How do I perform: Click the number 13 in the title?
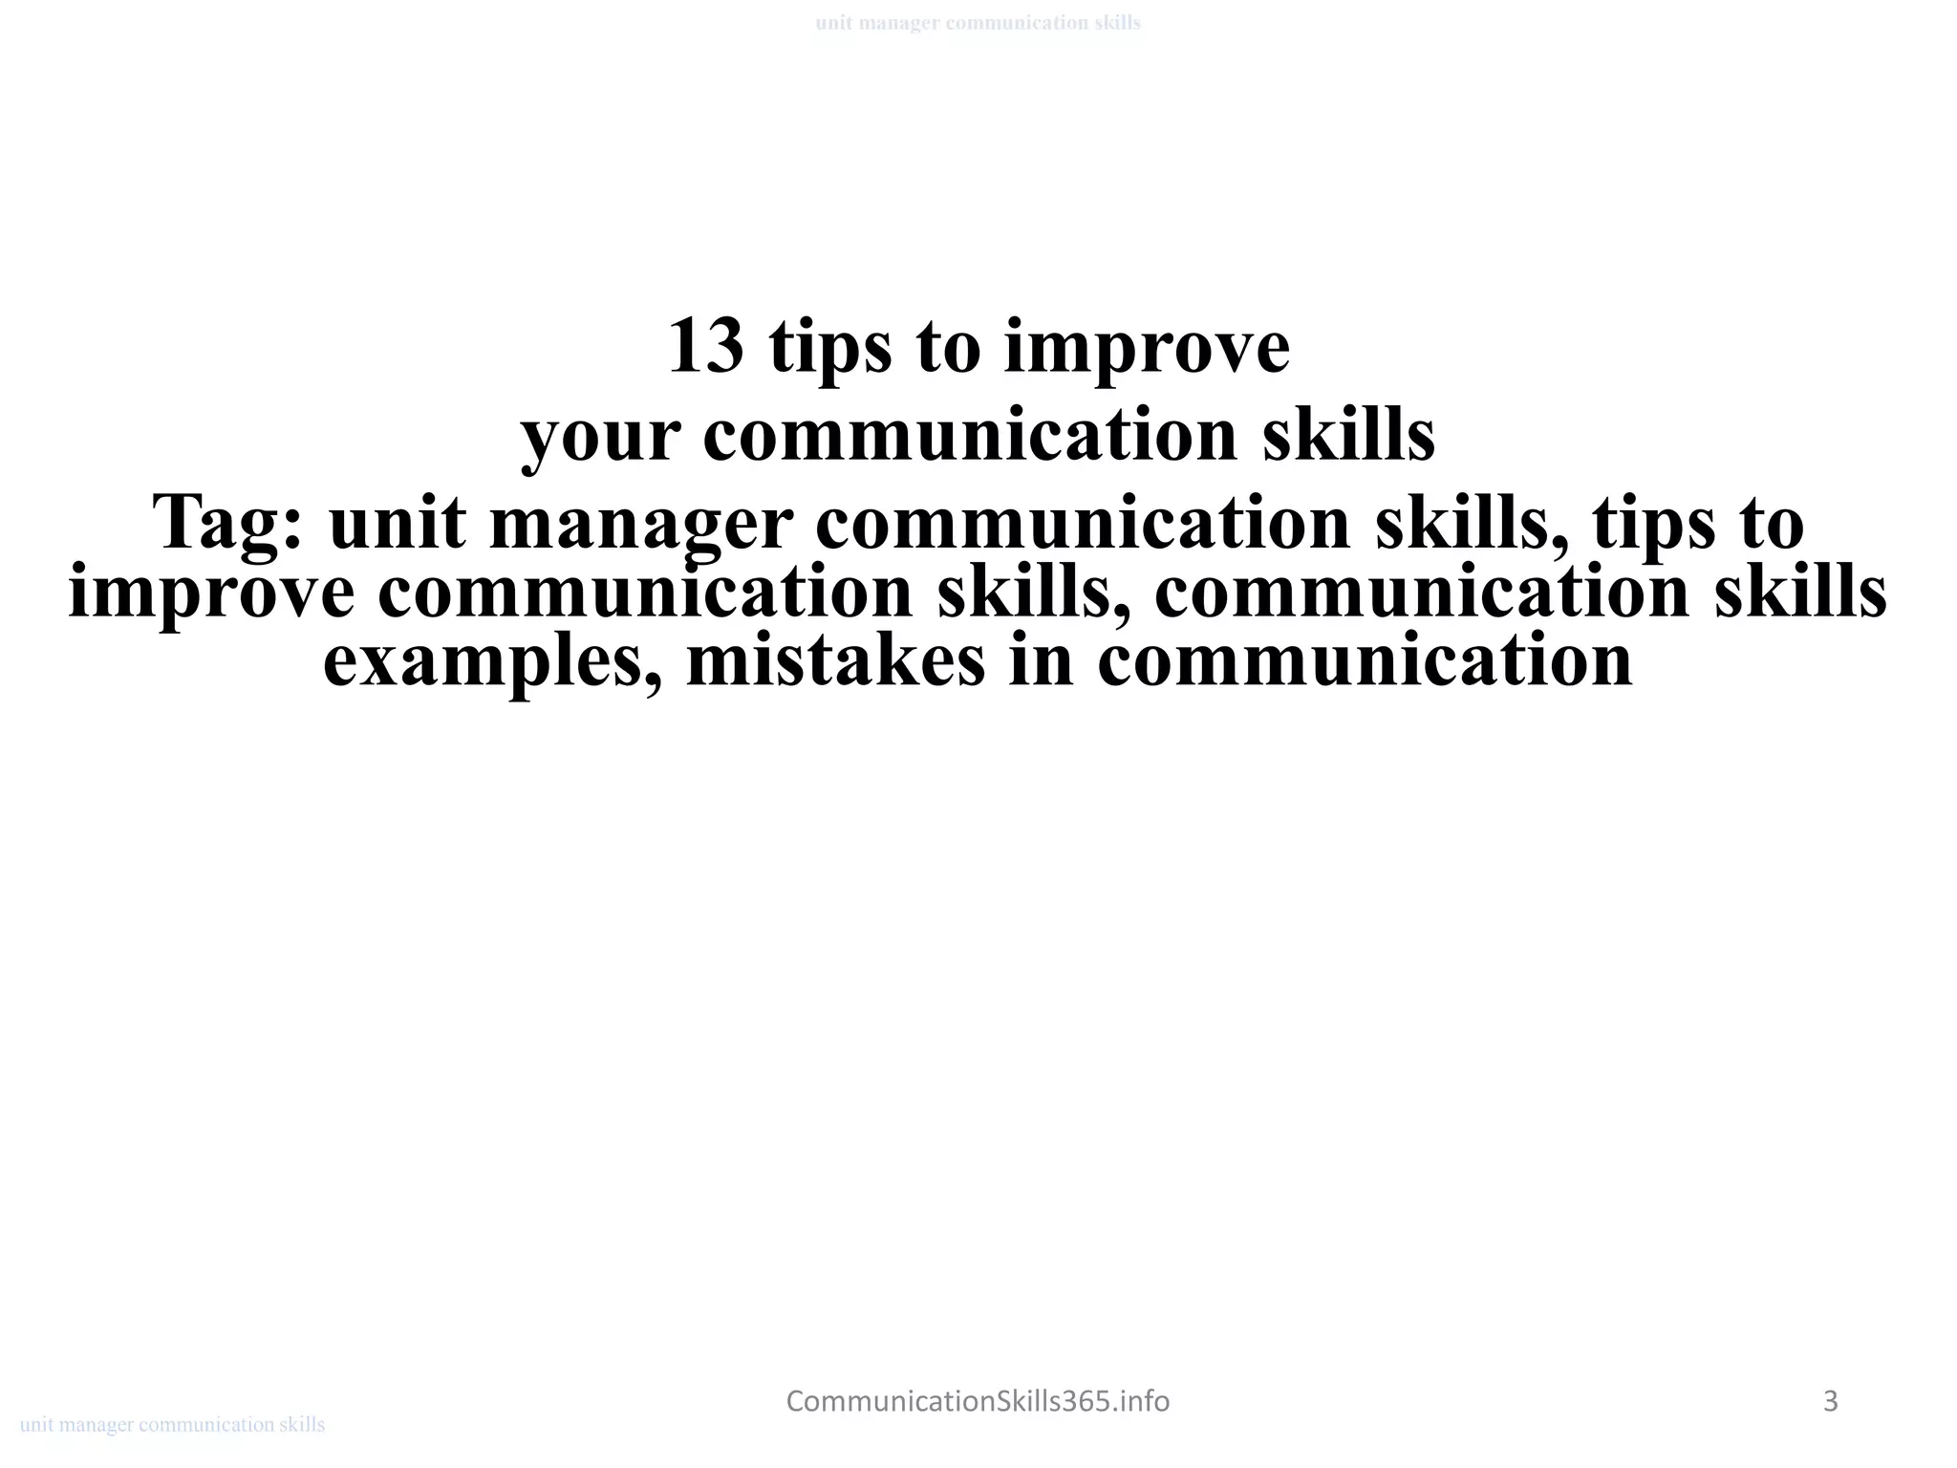705,347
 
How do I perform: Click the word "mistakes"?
834,661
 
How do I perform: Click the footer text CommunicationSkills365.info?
978,1401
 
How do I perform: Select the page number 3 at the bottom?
1830,1401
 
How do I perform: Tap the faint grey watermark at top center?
978,23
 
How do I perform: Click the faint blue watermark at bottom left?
172,1425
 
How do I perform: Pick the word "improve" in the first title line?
1147,347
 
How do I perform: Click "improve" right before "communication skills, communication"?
211,594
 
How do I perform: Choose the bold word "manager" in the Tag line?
640,524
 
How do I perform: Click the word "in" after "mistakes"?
1041,661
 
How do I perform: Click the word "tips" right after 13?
829,347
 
